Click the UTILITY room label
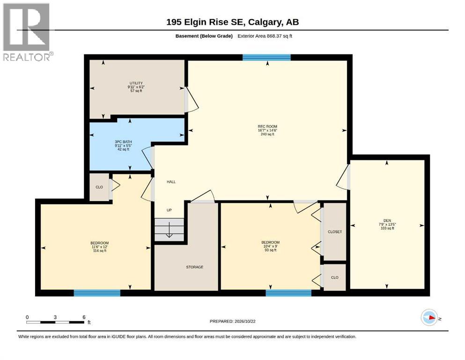(x=136, y=83)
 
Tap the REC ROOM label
(x=267, y=127)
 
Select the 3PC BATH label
(x=123, y=142)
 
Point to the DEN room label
(x=387, y=220)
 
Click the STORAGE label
(x=194, y=267)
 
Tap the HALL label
(x=171, y=182)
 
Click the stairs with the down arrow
(x=169, y=230)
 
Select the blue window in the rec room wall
(x=266, y=58)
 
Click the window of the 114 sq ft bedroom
(x=97, y=293)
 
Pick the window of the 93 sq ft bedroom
(x=288, y=293)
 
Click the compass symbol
(x=429, y=317)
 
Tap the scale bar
(x=56, y=322)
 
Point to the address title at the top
(x=232, y=22)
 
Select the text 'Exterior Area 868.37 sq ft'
(x=265, y=36)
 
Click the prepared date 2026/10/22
(x=232, y=321)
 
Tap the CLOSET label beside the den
(x=335, y=232)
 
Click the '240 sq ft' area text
(x=267, y=134)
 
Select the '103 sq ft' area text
(x=387, y=228)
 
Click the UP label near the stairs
(x=169, y=210)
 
